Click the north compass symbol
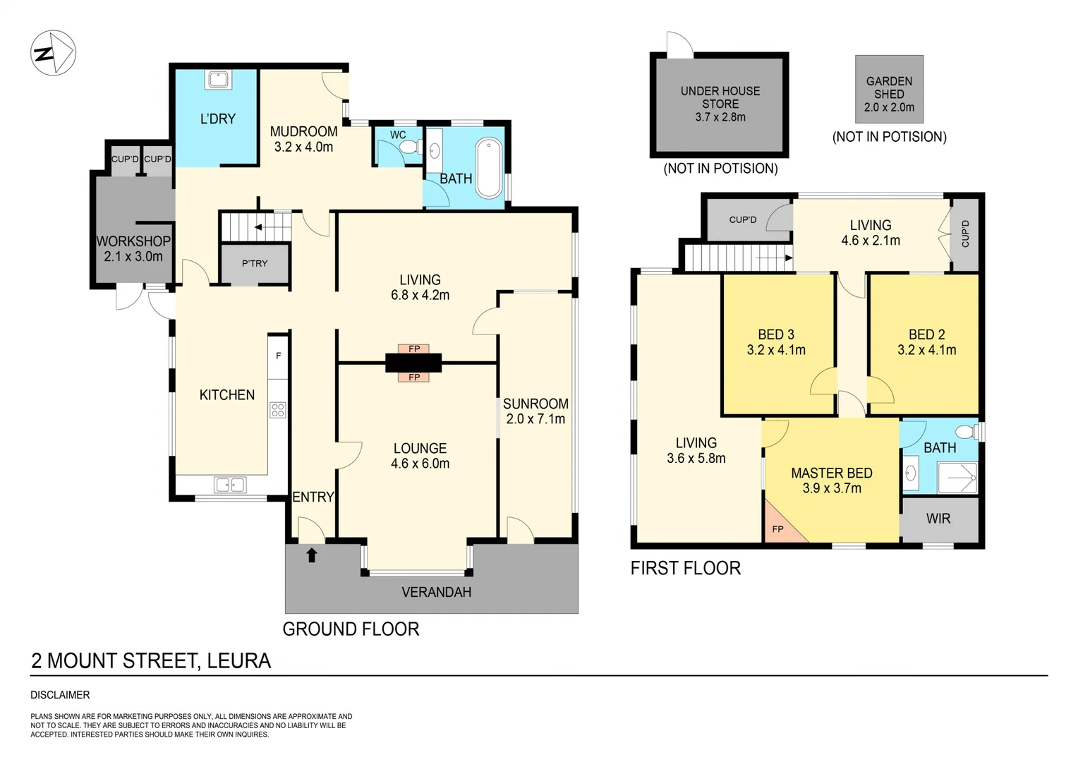point(53,53)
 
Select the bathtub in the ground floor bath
point(489,169)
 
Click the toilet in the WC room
point(408,147)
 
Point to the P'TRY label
point(255,263)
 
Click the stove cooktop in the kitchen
point(278,409)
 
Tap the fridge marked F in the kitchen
point(278,356)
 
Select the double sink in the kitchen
point(230,485)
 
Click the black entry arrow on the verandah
point(312,555)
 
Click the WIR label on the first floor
point(938,519)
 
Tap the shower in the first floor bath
point(957,478)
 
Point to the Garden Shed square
point(889,90)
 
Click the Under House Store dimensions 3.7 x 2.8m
point(720,117)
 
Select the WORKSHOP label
point(133,241)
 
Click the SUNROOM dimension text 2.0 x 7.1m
point(535,419)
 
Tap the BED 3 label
point(775,334)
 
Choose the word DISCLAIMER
point(60,695)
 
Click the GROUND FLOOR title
point(351,629)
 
